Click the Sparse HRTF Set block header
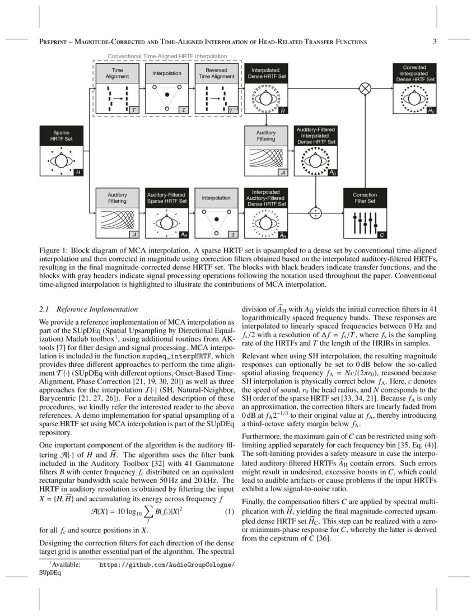pyautogui.click(x=61, y=136)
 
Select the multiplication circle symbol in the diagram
pyautogui.click(x=365, y=88)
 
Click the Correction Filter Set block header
pyautogui.click(x=365, y=198)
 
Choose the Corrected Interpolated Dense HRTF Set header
pyautogui.click(x=415, y=73)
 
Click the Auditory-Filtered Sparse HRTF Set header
pyautogui.click(x=166, y=198)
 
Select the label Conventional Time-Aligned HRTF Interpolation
pyautogui.click(x=167, y=57)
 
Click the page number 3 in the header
pyautogui.click(x=435, y=41)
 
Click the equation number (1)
pyautogui.click(x=228, y=512)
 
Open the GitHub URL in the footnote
pyautogui.click(x=167, y=565)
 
